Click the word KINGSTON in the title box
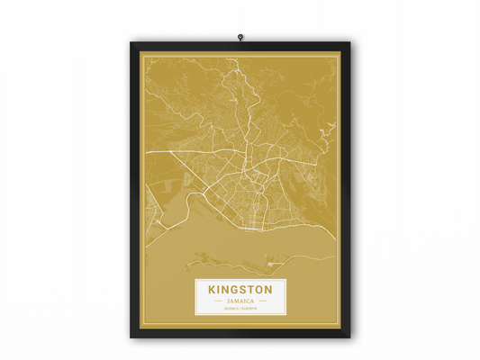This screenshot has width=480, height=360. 240,291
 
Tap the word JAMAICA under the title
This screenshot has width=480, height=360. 240,301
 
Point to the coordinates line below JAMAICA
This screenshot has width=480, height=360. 240,309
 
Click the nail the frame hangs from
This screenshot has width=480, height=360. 240,37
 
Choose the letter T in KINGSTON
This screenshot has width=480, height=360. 251,291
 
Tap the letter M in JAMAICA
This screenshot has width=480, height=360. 237,301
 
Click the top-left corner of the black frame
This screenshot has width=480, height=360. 131,42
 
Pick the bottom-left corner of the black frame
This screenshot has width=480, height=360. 131,338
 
